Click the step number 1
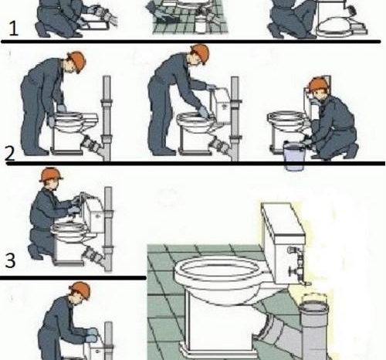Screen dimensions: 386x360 (x=14, y=29)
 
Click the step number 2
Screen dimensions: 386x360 (x=10, y=154)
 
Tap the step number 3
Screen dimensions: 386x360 (x=10, y=260)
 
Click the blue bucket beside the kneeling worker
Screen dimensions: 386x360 (x=294, y=156)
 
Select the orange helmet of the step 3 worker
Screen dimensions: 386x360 (x=51, y=175)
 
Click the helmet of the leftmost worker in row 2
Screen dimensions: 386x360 (x=77, y=61)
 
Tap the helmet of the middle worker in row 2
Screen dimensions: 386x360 (x=200, y=53)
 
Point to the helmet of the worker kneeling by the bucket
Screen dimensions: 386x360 (x=318, y=85)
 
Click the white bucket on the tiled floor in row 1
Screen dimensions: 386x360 (x=202, y=24)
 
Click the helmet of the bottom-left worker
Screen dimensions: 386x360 (x=80, y=290)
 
